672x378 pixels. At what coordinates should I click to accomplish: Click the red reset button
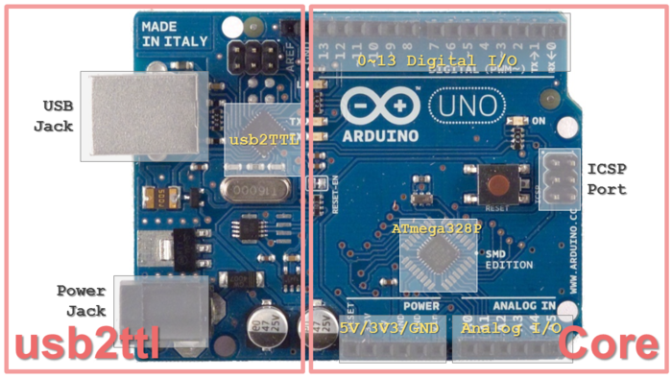pos(497,183)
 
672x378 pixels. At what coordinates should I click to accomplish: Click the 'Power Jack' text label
pos(81,300)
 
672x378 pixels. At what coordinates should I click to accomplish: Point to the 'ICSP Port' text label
pos(607,179)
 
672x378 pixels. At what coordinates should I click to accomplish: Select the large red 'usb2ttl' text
pos(87,343)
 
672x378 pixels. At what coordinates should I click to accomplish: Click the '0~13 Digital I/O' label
pos(437,59)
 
